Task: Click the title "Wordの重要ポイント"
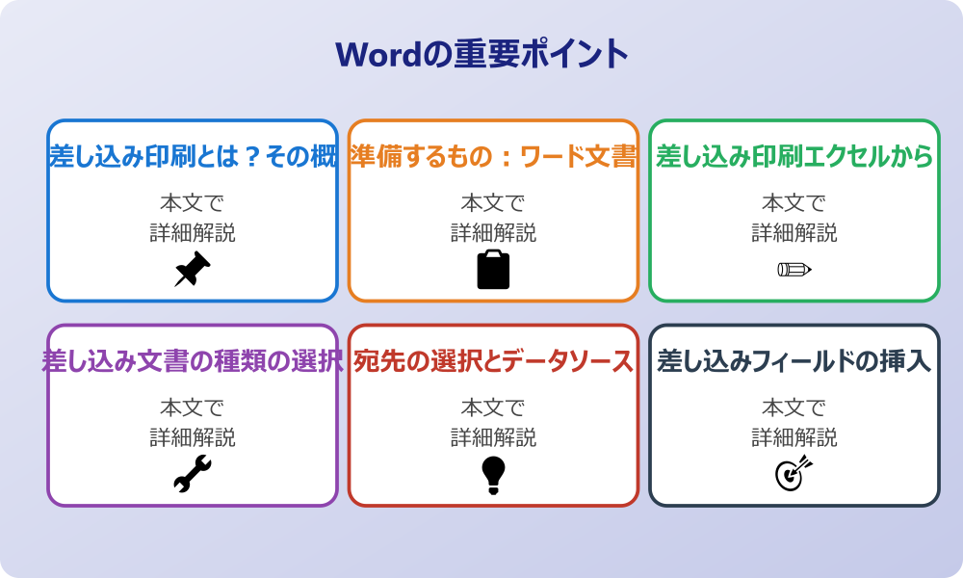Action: pyautogui.click(x=481, y=54)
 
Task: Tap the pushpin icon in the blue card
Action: pyautogui.click(x=192, y=270)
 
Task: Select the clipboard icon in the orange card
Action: pyautogui.click(x=493, y=270)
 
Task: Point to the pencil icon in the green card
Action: pyautogui.click(x=794, y=269)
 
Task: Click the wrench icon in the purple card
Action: pyautogui.click(x=192, y=475)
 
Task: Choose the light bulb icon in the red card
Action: pyautogui.click(x=493, y=475)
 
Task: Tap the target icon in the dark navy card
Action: pyautogui.click(x=794, y=474)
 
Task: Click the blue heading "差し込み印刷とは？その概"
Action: pyautogui.click(x=193, y=156)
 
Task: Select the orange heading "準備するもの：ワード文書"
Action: pyautogui.click(x=493, y=156)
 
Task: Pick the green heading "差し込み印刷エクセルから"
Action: pyautogui.click(x=794, y=156)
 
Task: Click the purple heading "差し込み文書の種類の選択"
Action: pyautogui.click(x=193, y=361)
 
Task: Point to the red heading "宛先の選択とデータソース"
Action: pyautogui.click(x=493, y=361)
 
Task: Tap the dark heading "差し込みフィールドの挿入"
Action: pyautogui.click(x=794, y=361)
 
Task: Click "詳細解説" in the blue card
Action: pyautogui.click(x=193, y=232)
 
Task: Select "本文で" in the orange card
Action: pyautogui.click(x=493, y=203)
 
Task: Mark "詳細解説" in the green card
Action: pyautogui.click(x=794, y=232)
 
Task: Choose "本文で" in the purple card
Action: pyautogui.click(x=193, y=408)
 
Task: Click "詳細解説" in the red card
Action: pyautogui.click(x=493, y=437)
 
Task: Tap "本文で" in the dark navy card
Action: pyautogui.click(x=794, y=408)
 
